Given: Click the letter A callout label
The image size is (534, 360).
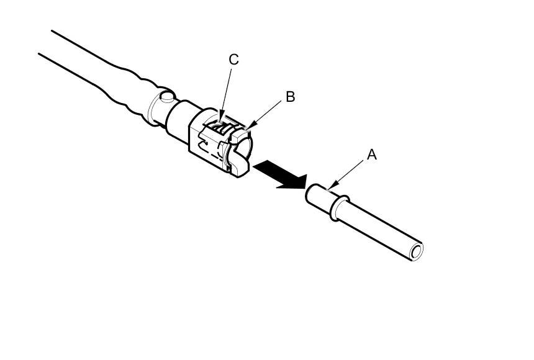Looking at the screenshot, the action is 371,155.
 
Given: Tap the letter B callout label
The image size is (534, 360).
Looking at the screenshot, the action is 290,97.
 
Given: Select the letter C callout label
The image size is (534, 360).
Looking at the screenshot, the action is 233,60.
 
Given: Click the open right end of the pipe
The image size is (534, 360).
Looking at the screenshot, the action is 415,251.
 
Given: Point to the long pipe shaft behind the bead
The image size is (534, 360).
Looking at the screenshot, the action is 379,227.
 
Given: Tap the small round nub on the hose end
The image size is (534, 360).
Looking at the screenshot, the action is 165,97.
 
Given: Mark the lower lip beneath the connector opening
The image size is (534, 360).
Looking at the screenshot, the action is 240,166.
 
